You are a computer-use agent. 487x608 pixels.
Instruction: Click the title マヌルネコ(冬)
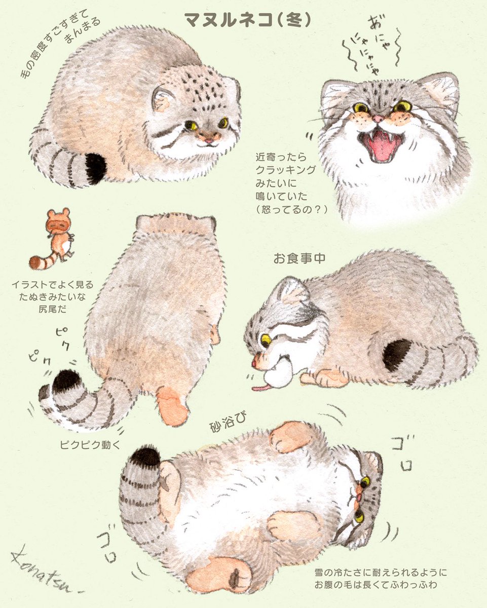pyautogui.click(x=248, y=20)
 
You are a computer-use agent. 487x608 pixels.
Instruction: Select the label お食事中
pyautogui.click(x=299, y=259)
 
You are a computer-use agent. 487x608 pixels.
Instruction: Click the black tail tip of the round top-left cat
pyautogui.click(x=95, y=168)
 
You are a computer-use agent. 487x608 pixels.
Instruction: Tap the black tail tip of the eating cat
pyautogui.click(x=397, y=354)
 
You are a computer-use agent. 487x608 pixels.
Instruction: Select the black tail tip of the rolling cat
pyautogui.click(x=146, y=456)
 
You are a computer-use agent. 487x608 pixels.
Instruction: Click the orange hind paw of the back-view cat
pyautogui.click(x=172, y=405)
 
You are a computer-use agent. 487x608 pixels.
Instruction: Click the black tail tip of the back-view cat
pyautogui.click(x=66, y=379)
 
